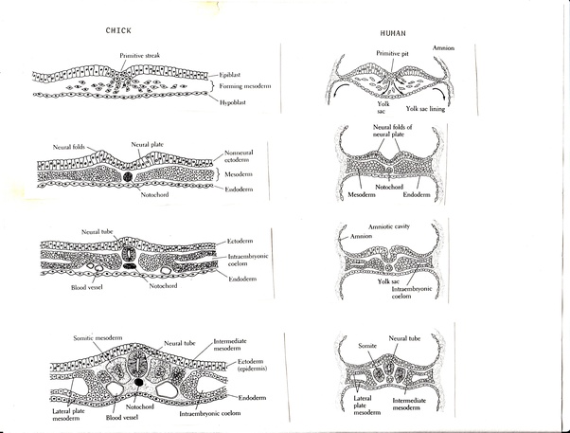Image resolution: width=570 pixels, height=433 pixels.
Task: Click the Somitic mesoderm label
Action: [x=96, y=338]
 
